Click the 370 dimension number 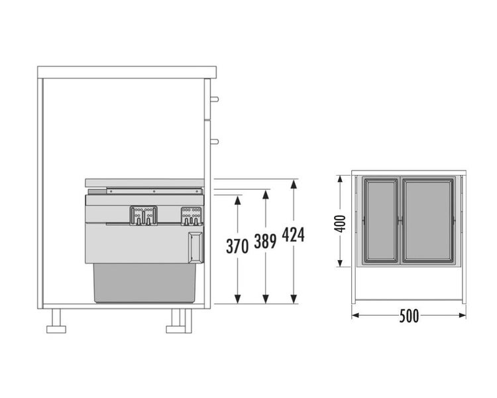pos(237,246)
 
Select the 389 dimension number pos(265,241)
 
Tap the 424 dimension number pos(293,235)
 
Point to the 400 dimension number pos(341,224)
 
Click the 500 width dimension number pos(409,316)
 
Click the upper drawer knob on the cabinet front pos(215,99)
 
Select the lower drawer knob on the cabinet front pos(215,141)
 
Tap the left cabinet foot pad pos(56,329)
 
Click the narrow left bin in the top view pos(380,221)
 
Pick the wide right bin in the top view pos(428,221)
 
